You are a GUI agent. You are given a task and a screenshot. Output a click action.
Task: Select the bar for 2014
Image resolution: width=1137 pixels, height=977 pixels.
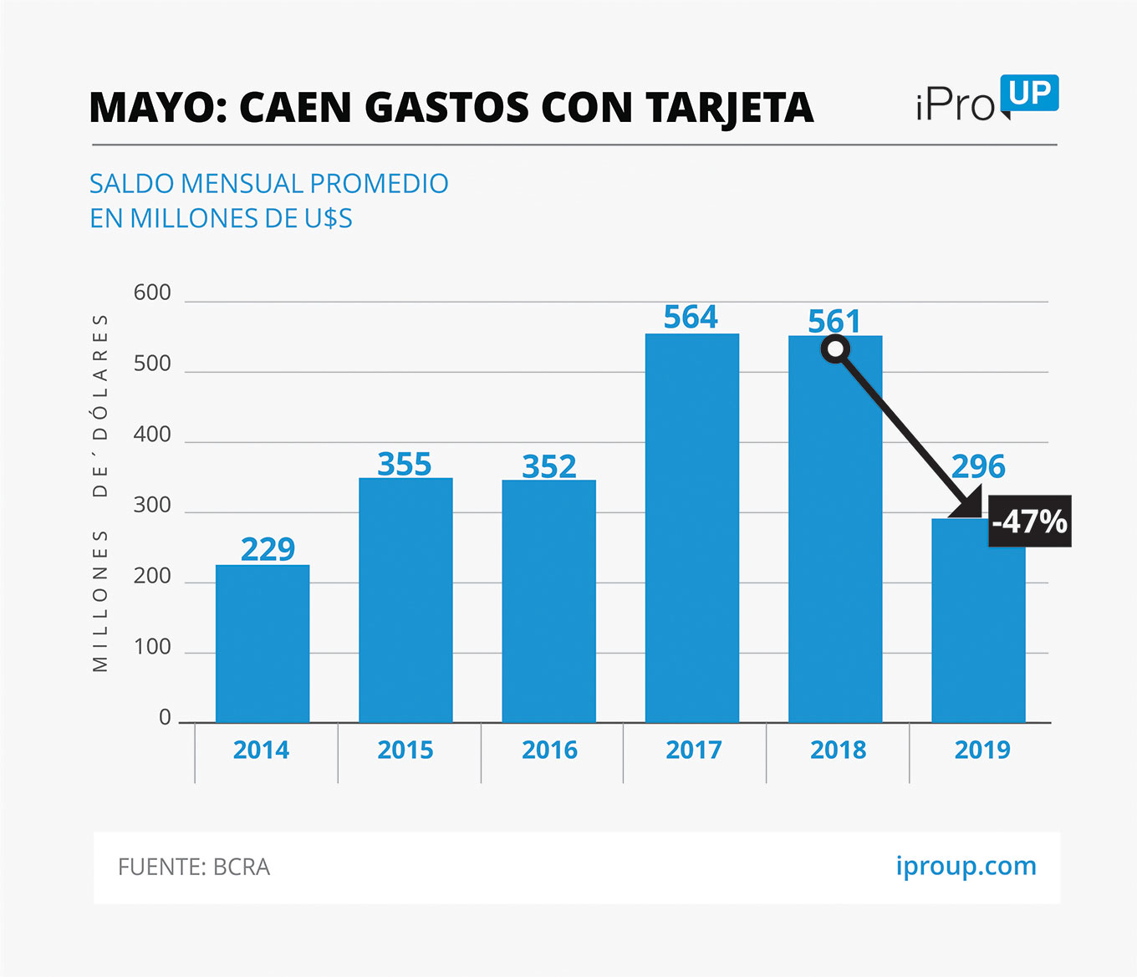[263, 644]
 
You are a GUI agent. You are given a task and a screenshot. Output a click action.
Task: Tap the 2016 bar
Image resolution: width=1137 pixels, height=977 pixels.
[548, 601]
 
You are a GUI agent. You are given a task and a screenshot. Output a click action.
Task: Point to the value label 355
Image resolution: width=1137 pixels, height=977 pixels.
[405, 464]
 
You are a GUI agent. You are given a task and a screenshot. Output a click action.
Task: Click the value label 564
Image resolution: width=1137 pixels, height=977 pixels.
[691, 317]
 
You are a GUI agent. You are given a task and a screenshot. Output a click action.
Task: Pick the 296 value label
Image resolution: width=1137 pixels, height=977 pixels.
[978, 466]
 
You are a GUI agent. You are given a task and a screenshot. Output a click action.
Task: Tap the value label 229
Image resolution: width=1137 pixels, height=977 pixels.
[268, 549]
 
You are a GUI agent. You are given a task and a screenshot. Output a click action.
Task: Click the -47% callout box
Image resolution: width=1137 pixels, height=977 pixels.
[1029, 522]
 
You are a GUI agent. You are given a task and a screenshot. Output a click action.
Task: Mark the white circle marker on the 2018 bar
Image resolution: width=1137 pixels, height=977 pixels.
[835, 349]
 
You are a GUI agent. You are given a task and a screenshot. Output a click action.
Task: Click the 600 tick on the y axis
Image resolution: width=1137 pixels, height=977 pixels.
[152, 293]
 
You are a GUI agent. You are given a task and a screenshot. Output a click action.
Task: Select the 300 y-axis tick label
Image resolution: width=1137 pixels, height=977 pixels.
[152, 505]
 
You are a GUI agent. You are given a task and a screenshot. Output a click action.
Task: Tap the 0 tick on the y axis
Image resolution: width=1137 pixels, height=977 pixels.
[165, 717]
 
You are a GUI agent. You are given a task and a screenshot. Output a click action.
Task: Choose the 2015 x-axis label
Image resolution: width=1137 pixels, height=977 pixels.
[405, 750]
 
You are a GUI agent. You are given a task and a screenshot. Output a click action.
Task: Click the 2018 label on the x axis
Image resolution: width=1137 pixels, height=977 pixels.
[838, 750]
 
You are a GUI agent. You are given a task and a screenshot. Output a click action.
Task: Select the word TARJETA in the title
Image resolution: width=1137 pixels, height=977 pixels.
[729, 108]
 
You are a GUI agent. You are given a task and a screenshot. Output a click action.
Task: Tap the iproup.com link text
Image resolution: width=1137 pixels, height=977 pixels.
[966, 866]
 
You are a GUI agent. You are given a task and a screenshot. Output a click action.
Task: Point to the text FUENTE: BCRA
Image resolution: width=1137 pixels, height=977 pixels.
[194, 867]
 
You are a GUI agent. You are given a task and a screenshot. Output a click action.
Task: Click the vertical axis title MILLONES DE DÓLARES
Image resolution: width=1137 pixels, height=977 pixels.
[100, 493]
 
